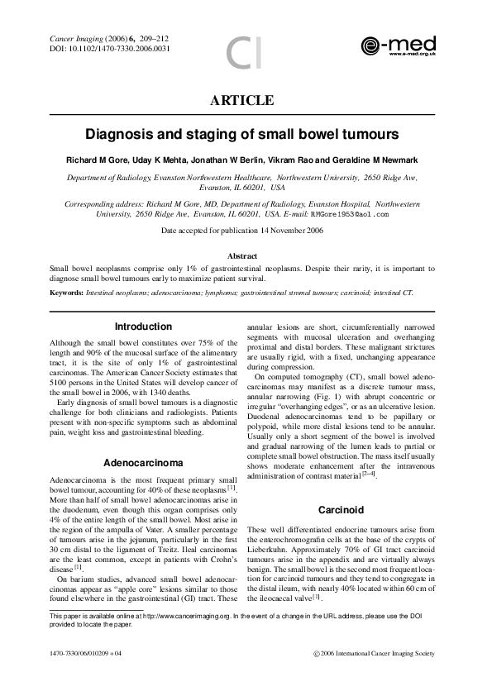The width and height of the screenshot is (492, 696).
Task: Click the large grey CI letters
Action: click(x=246, y=51)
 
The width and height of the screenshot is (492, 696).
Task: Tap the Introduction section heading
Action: click(x=143, y=327)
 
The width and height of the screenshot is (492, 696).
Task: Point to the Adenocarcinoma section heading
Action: click(x=143, y=461)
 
